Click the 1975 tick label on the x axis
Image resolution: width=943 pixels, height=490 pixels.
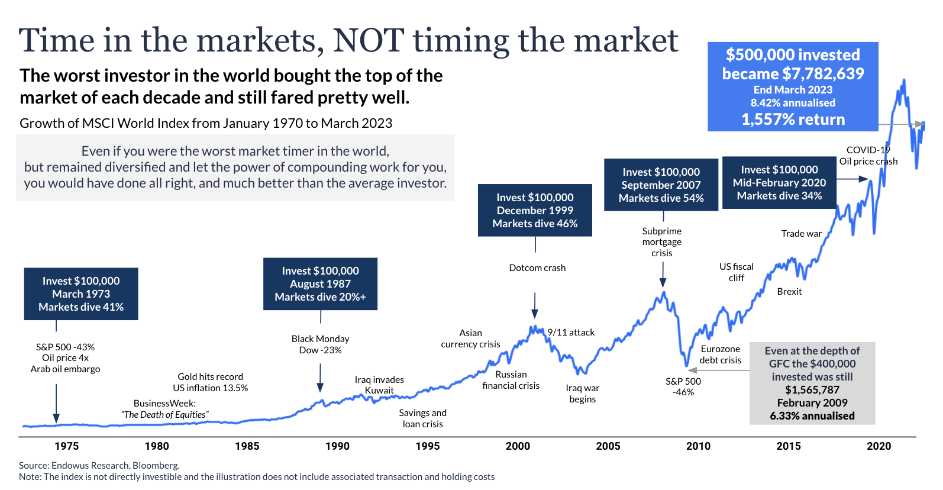[66, 446]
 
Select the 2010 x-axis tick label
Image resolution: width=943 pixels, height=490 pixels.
[698, 446]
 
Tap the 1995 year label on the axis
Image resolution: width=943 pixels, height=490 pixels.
[427, 446]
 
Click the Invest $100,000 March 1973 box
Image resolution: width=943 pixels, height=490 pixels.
[81, 294]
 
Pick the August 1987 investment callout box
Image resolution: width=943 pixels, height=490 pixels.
[320, 284]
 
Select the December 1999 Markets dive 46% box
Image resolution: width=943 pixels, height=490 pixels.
[535, 211]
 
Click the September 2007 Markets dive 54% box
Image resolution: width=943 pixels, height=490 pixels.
[661, 185]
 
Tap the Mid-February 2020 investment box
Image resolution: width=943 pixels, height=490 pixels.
[779, 182]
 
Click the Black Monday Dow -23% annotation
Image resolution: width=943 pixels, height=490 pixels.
[320, 344]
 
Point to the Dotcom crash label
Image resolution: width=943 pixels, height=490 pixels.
[537, 268]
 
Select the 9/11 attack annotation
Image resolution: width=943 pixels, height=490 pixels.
[571, 333]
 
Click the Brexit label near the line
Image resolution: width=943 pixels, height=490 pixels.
[789, 292]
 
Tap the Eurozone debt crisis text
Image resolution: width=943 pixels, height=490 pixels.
[720, 354]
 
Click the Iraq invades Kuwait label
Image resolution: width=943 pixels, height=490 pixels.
[379, 385]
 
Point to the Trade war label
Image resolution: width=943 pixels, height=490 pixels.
[801, 234]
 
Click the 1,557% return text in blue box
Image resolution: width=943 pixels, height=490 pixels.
[793, 120]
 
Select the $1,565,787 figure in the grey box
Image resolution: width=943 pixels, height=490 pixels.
[812, 390]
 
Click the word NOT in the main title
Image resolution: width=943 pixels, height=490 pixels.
[368, 40]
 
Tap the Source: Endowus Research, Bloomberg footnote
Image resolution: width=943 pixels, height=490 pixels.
[99, 466]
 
